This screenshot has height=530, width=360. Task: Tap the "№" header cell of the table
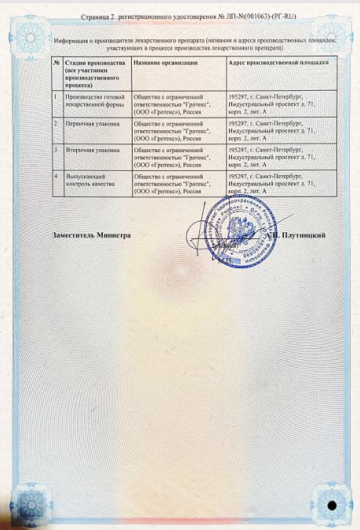(x=58, y=61)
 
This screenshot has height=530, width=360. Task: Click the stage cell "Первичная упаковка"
(x=88, y=123)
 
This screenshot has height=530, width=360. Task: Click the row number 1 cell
(x=57, y=96)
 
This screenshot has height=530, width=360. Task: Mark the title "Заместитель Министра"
(x=91, y=234)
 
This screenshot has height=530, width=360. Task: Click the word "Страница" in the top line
(x=96, y=15)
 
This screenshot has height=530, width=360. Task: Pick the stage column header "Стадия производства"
(x=91, y=61)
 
